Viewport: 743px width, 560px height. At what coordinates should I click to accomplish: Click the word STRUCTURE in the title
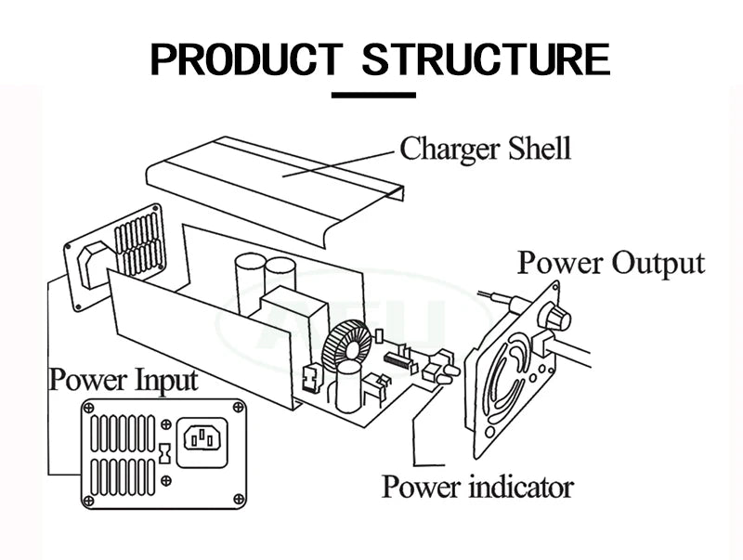tap(485, 59)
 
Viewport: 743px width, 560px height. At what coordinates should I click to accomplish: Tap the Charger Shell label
tap(485, 149)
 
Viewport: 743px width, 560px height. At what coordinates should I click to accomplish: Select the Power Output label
tap(610, 262)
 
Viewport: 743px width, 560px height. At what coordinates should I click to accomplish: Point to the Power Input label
tap(124, 380)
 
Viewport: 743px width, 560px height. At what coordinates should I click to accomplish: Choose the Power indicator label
tap(477, 486)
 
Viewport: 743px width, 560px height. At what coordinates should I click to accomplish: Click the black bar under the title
tap(373, 94)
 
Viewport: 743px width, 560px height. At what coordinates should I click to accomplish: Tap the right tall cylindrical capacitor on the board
tap(280, 279)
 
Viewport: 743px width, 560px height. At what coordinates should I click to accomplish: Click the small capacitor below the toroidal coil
tap(348, 385)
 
